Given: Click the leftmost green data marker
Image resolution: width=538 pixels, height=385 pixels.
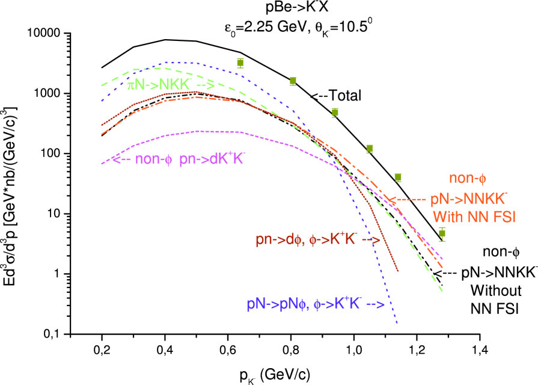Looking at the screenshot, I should click(240, 63).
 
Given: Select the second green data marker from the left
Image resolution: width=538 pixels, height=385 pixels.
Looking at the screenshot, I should click(293, 81).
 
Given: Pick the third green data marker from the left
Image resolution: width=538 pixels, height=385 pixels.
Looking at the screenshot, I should click(335, 112).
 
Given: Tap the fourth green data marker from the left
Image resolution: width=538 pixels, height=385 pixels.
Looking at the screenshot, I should click(370, 149).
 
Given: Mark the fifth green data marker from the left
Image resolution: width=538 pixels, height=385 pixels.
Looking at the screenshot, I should click(397, 177).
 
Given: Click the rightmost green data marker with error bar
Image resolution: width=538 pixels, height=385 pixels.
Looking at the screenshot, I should click(442, 233).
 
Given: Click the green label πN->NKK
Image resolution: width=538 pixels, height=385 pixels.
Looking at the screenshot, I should click(159, 85).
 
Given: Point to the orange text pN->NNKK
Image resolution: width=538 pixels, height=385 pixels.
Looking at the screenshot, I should click(469, 199).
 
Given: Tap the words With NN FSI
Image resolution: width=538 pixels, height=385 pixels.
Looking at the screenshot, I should click(474, 217).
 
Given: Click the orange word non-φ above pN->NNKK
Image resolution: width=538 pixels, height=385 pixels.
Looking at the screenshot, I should click(467, 179).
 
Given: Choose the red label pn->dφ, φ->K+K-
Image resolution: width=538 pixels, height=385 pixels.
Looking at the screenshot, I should click(307, 239).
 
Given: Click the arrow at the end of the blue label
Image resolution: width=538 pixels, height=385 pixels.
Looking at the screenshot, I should click(375, 304).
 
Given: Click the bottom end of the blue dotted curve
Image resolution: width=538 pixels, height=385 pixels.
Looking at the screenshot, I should click(397, 323).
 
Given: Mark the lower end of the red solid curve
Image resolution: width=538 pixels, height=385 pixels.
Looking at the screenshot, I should click(398, 271).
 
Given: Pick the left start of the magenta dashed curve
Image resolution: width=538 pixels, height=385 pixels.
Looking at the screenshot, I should click(102, 163).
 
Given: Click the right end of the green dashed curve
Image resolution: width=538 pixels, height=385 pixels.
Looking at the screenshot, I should click(442, 291).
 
